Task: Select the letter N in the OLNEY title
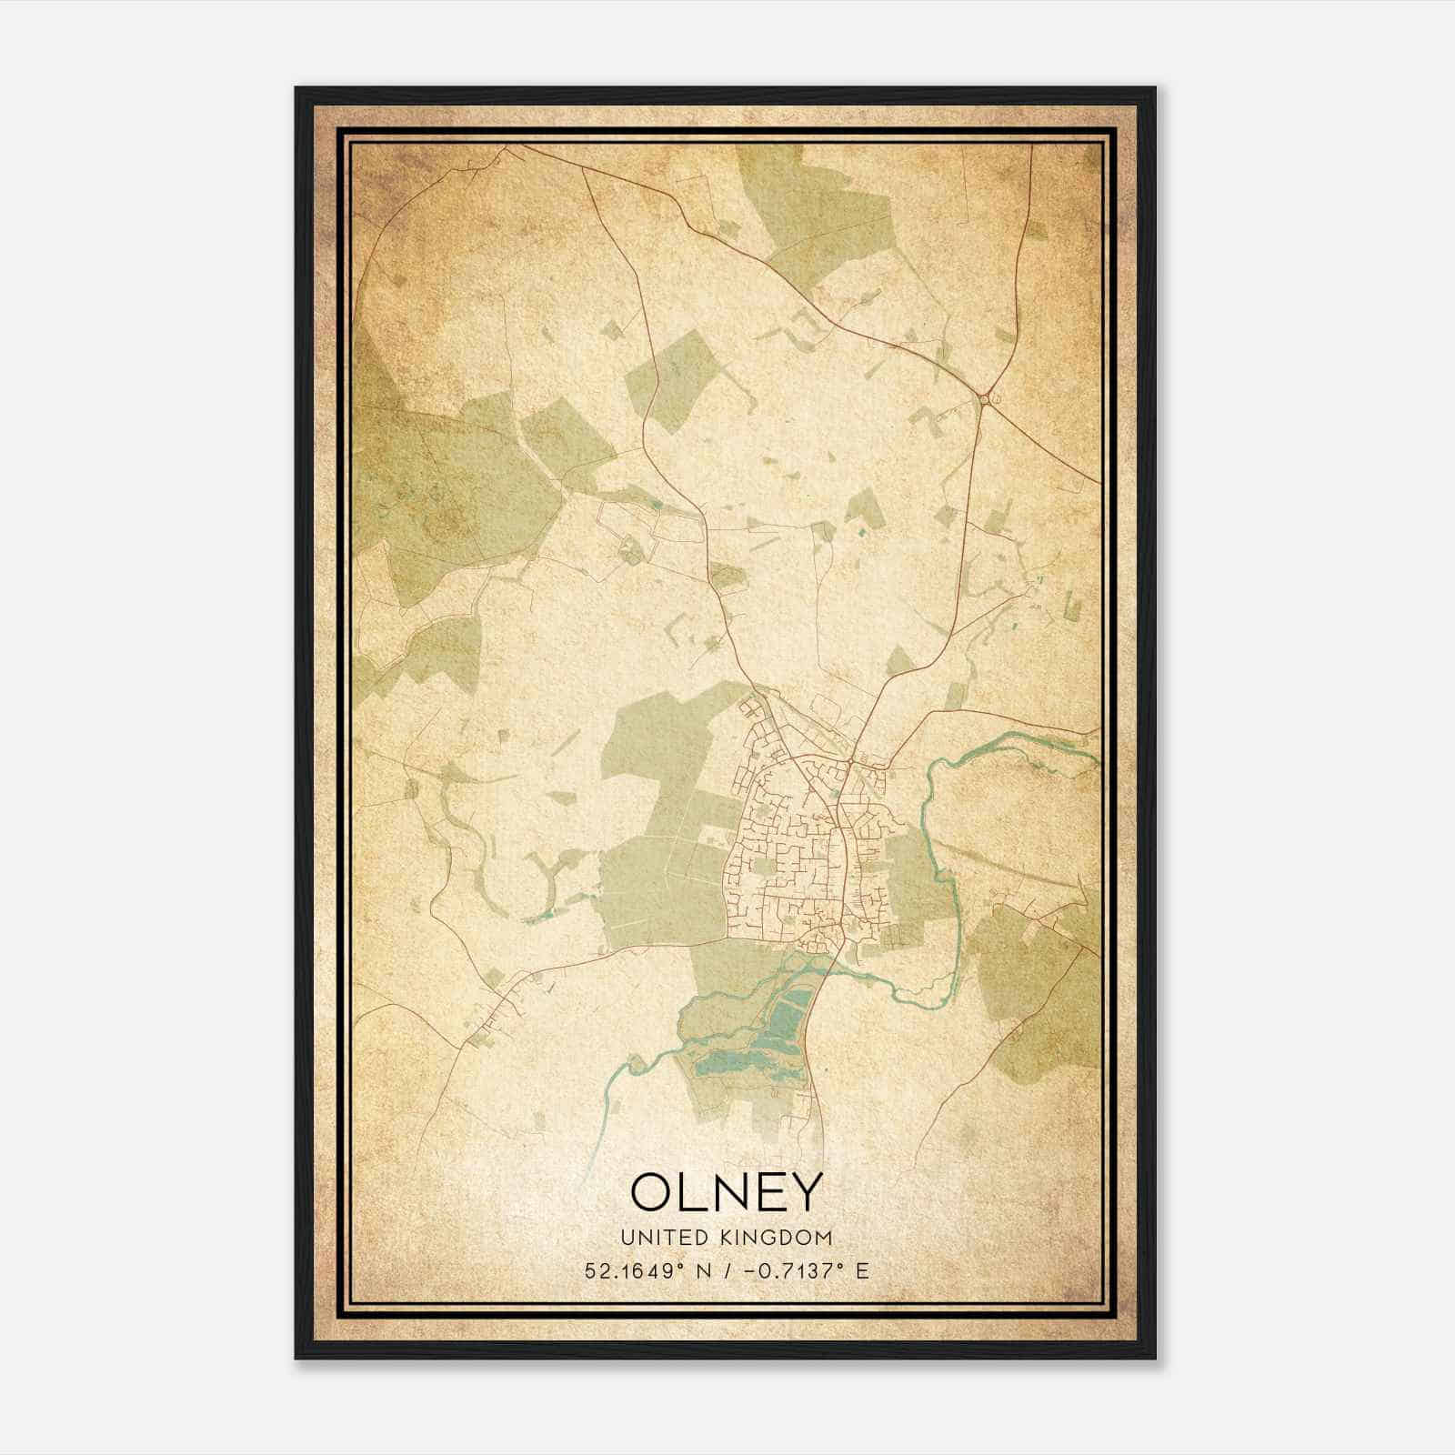point(727,1192)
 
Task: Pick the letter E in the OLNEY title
point(768,1192)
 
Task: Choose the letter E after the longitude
point(861,1270)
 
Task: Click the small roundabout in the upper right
point(984,398)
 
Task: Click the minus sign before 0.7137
point(750,1270)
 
